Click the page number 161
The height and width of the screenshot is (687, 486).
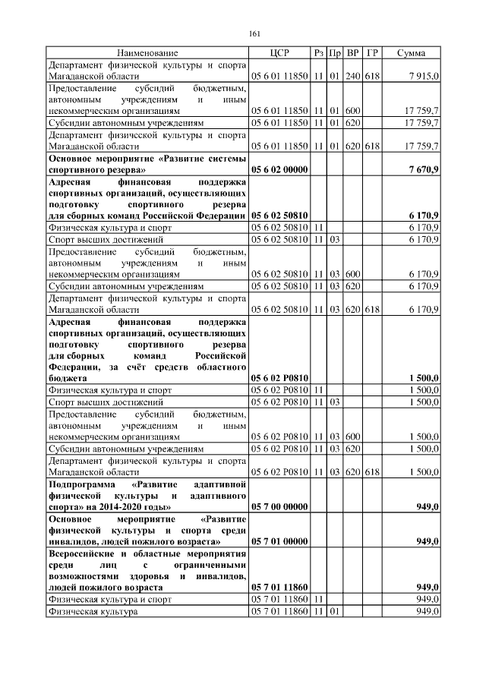click(255, 33)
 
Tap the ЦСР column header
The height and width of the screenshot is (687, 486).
click(279, 53)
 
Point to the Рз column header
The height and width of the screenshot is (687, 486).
click(319, 53)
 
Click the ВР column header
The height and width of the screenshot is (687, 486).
click(353, 53)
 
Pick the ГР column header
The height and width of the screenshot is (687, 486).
click(372, 53)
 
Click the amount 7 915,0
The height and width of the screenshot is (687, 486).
click(422, 77)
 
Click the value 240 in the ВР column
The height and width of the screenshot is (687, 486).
click(353, 77)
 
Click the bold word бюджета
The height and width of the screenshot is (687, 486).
click(68, 377)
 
